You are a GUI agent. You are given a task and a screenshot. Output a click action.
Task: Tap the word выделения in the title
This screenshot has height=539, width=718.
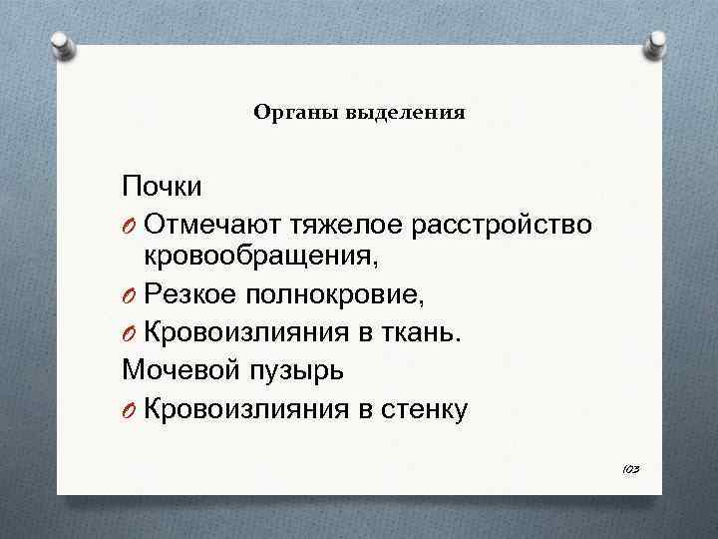tap(405, 113)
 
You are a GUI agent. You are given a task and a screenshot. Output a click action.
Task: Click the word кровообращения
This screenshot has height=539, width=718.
tap(261, 259)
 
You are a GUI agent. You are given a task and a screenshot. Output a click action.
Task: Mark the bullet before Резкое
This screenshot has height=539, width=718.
tap(130, 296)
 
